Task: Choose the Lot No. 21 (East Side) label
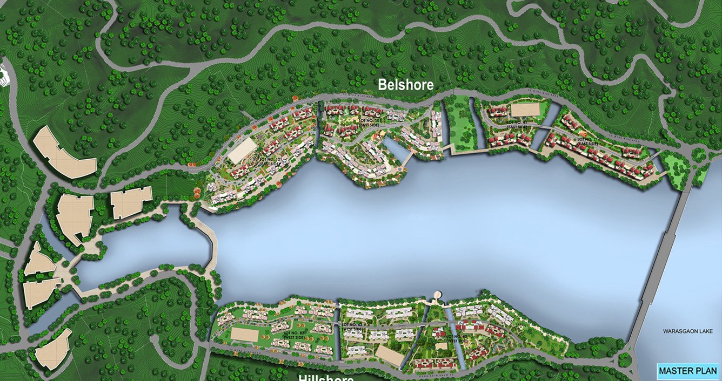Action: click(587, 141)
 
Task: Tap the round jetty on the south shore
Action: click(438, 295)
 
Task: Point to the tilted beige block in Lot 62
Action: click(390, 355)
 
